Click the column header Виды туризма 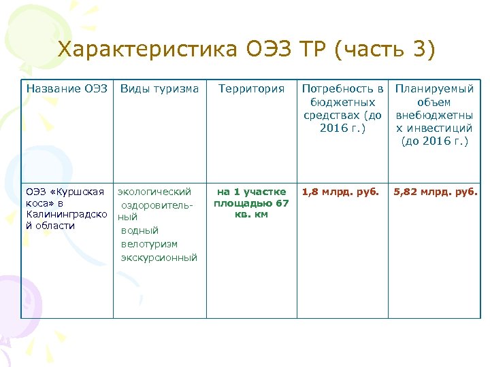159,89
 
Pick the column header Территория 251,89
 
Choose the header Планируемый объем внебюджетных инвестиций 435,115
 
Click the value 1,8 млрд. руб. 340,192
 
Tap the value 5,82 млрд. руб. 436,192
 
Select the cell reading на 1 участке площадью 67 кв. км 251,203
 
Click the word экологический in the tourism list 154,192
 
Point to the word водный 140,231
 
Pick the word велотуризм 149,244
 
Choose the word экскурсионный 159,258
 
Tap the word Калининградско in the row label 65,215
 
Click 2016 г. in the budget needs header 342,128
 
